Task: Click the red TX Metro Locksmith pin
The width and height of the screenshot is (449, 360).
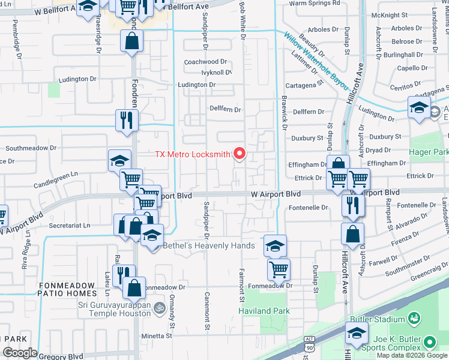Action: (x=240, y=154)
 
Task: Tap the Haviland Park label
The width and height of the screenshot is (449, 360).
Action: (x=264, y=311)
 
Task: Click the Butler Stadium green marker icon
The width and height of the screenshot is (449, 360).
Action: (x=413, y=317)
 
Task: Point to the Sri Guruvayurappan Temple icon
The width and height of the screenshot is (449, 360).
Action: (x=159, y=308)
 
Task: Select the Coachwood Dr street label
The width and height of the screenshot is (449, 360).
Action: (x=205, y=62)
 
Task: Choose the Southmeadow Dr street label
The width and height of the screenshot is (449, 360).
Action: (x=31, y=147)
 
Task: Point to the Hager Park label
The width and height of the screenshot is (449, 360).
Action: (x=430, y=152)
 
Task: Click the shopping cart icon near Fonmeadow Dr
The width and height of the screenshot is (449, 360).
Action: (x=279, y=270)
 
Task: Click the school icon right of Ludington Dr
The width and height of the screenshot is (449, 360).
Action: (x=419, y=108)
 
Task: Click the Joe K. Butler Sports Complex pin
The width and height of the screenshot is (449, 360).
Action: (x=429, y=342)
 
